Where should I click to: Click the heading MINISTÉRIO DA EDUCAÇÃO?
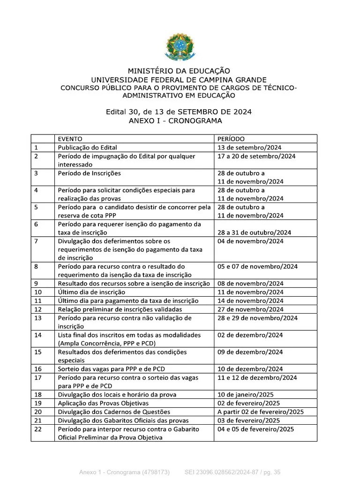click(x=179, y=71)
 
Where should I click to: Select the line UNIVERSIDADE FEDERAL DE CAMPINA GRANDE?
click(x=179, y=80)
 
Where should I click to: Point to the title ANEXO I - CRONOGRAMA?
click(x=179, y=120)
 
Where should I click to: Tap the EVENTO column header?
click(x=70, y=139)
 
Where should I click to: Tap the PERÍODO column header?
click(x=231, y=139)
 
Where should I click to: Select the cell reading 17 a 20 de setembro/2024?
click(x=256, y=156)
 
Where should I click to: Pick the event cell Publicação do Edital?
click(x=87, y=148)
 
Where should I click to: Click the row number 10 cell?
click(x=38, y=292)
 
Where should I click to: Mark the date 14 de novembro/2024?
click(x=250, y=300)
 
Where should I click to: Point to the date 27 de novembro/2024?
click(x=250, y=309)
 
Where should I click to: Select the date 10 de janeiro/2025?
click(x=246, y=395)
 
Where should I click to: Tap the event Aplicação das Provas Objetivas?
click(x=103, y=403)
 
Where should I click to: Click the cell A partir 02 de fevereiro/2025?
click(x=261, y=412)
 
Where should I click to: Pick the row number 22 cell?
click(x=38, y=429)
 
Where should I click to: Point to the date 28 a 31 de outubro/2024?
click(x=254, y=232)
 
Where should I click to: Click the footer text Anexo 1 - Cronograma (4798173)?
click(x=124, y=472)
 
